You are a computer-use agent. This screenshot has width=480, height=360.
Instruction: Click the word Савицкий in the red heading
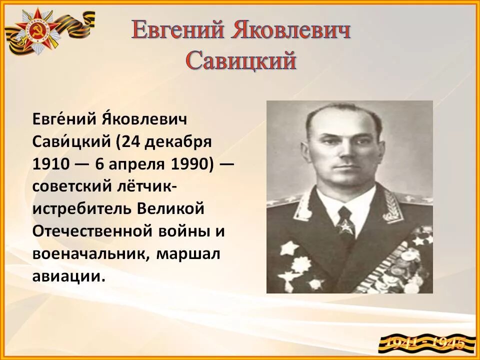click(x=241, y=61)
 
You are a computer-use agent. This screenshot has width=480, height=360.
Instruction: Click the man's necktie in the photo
click(x=345, y=220)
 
